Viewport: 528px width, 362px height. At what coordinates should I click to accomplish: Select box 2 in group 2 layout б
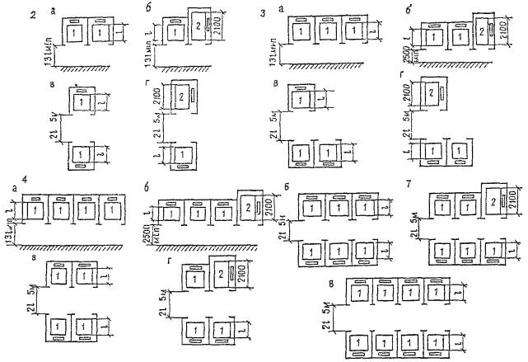tap(201, 26)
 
